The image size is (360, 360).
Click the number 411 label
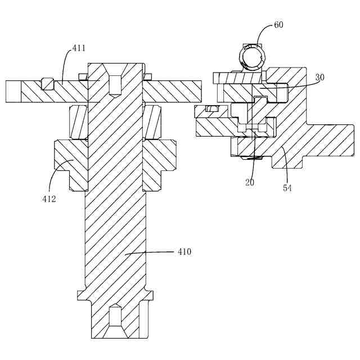pyautogui.click(x=79, y=49)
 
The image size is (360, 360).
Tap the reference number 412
pyautogui.click(x=48, y=198)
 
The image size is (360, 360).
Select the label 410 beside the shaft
pyautogui.click(x=184, y=252)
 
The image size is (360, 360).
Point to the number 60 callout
pyautogui.click(x=279, y=25)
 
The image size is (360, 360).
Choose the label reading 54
pyautogui.click(x=287, y=188)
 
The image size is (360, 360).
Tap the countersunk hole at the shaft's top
pyautogui.click(x=115, y=84)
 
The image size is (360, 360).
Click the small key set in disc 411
pyautogui.click(x=47, y=84)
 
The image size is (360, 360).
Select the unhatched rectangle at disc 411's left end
pyautogui.click(x=13, y=91)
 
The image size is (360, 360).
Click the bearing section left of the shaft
pyautogui.click(x=78, y=122)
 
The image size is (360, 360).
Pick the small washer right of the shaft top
pyautogui.click(x=148, y=76)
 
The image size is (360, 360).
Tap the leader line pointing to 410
pyautogui.click(x=152, y=253)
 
